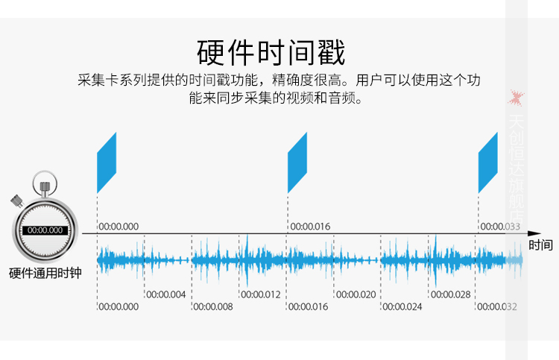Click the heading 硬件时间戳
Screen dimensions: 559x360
(271, 52)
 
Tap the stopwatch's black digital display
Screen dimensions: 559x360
(45, 230)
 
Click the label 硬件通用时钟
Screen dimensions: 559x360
(45, 273)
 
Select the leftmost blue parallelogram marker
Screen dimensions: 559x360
(107, 162)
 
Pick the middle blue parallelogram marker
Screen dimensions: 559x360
(297, 162)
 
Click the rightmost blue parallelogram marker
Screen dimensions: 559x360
(488, 162)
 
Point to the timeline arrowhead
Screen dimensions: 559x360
(534, 233)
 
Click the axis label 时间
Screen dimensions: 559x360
(540, 245)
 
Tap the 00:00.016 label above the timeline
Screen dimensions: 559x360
(310, 227)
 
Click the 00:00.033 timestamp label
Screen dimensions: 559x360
(500, 227)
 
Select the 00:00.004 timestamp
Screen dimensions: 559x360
(166, 294)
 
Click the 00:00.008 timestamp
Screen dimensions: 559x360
(213, 306)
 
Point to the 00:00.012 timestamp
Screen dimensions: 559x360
(261, 294)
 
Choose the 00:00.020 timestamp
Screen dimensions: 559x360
(356, 294)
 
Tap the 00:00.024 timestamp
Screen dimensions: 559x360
(402, 306)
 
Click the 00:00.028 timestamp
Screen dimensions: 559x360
(451, 294)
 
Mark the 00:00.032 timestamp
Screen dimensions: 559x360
(497, 306)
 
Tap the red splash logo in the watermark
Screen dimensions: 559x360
(517, 98)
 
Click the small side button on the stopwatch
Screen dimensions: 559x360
(16, 201)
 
